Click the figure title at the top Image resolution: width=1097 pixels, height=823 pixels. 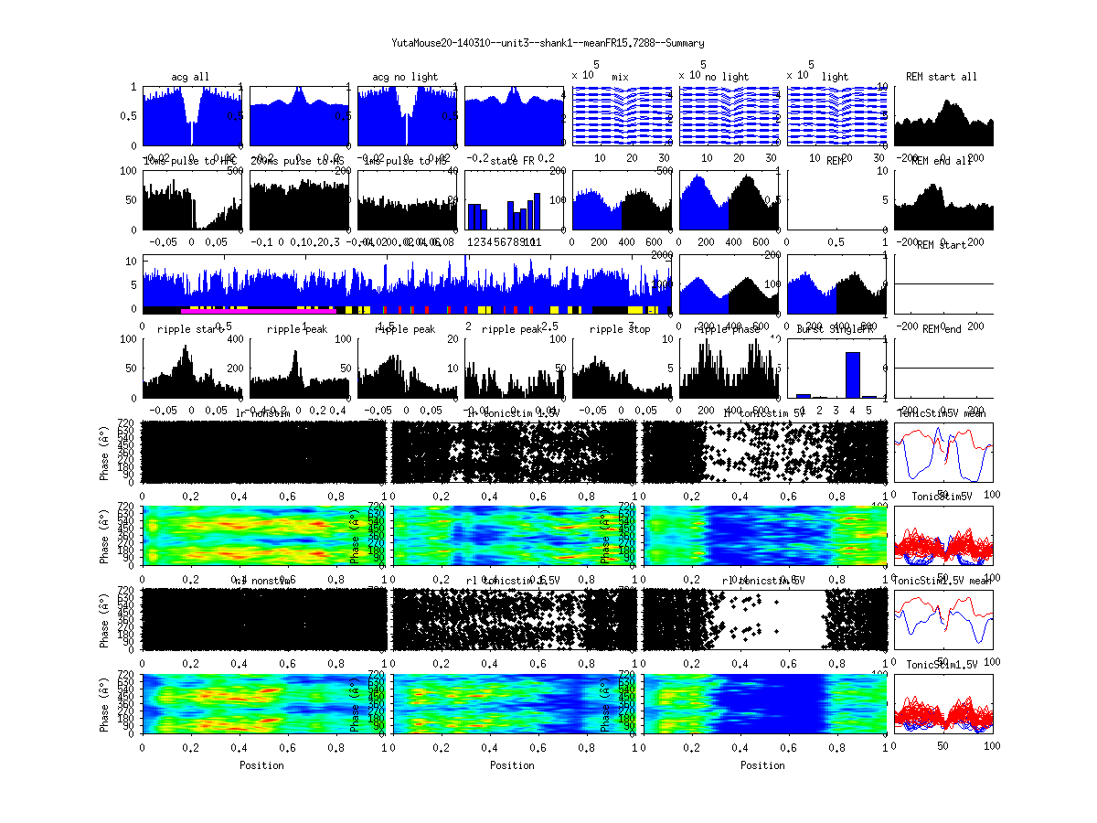tap(548, 43)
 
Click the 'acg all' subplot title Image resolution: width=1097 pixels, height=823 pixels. tap(190, 76)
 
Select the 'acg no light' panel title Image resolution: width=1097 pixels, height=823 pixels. tap(405, 76)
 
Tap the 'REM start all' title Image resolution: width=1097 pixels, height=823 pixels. tap(941, 76)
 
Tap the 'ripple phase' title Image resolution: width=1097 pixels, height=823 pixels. tap(729, 329)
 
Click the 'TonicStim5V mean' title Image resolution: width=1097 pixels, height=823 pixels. tap(943, 413)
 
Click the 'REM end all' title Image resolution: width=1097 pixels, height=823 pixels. tap(943, 161)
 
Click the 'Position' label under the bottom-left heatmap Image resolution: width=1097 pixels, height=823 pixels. tap(261, 765)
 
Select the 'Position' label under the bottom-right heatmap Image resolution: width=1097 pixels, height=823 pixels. tap(763, 765)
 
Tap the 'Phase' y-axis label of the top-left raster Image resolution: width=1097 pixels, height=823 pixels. tap(106, 452)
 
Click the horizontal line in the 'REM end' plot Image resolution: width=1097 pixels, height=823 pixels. tap(943, 368)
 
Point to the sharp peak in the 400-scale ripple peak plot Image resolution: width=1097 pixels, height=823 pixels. tap(295, 353)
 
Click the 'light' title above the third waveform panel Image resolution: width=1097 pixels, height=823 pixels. tap(836, 77)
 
